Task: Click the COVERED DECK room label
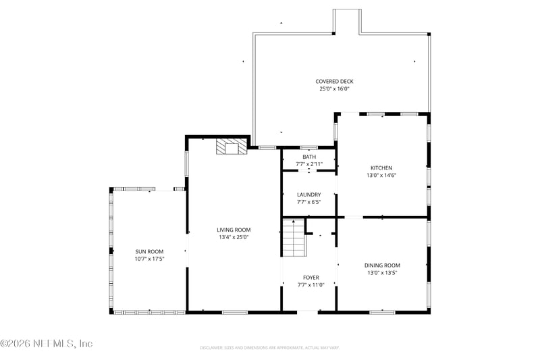[334, 82]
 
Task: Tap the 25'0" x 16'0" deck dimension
[334, 88]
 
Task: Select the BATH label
[308, 157]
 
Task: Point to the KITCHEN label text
[381, 168]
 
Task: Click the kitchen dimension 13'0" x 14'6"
[381, 175]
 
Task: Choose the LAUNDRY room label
[308, 195]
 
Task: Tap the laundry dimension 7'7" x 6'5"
[308, 201]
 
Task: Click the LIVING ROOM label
[234, 230]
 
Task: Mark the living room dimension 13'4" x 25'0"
[234, 237]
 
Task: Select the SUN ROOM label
[149, 251]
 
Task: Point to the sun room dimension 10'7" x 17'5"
[149, 259]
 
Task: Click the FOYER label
[310, 278]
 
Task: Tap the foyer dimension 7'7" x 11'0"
[310, 284]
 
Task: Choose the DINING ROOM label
[382, 265]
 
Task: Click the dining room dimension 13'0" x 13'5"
[382, 273]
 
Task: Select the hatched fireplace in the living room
[232, 147]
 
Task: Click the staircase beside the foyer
[293, 239]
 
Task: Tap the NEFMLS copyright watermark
[47, 344]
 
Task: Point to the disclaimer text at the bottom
[269, 348]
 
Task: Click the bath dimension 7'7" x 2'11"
[308, 164]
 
